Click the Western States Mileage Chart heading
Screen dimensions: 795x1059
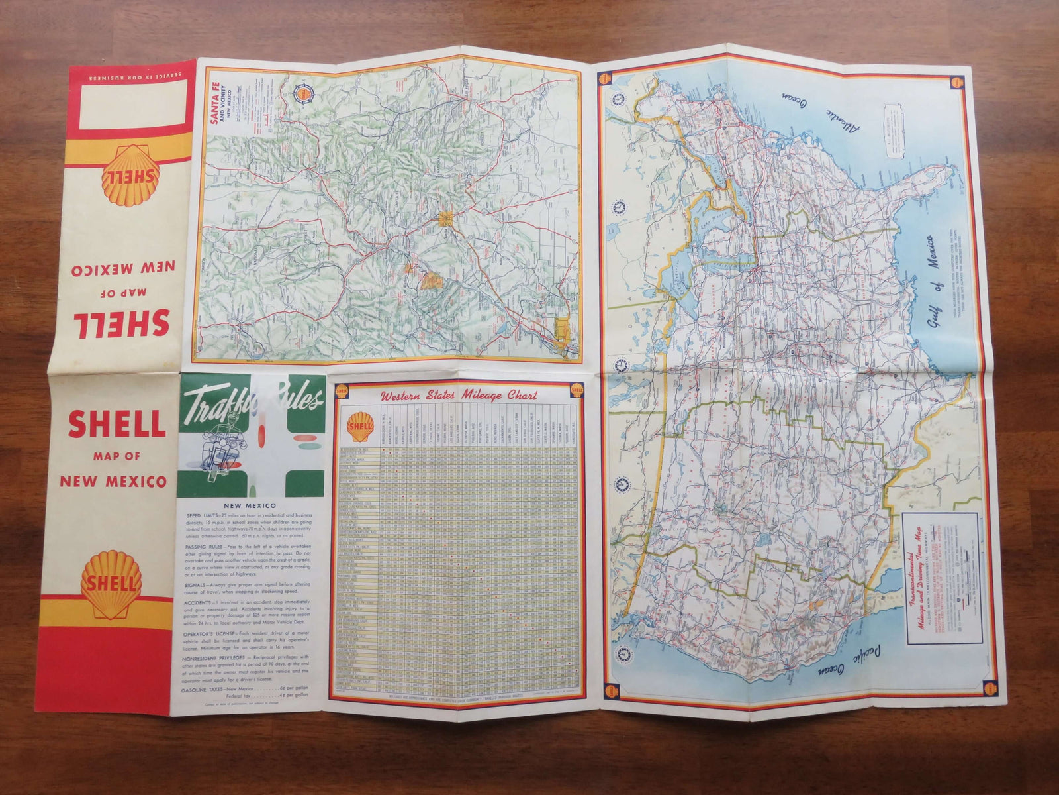[458, 396]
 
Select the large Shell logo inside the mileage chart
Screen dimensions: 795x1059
[361, 427]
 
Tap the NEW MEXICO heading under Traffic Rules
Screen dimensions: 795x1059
[250, 505]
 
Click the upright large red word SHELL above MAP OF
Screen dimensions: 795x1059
[116, 424]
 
